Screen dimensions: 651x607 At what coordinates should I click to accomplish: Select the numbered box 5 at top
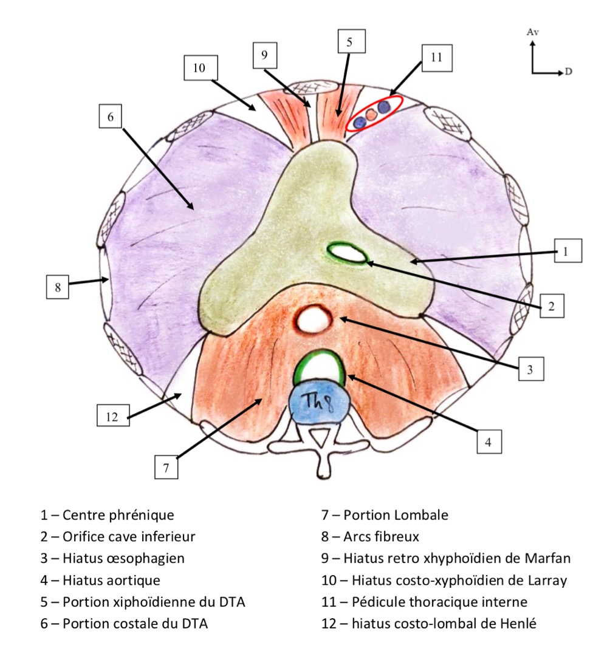(x=349, y=43)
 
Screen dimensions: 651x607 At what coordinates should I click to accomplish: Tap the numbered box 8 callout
(x=58, y=287)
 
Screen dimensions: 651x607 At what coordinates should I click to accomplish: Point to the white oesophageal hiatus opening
(x=314, y=318)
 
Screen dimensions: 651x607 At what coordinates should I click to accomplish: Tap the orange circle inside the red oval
(x=372, y=114)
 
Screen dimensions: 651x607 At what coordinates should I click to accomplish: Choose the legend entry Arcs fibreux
(x=381, y=537)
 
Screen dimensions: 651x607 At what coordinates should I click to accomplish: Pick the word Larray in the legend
(x=544, y=580)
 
